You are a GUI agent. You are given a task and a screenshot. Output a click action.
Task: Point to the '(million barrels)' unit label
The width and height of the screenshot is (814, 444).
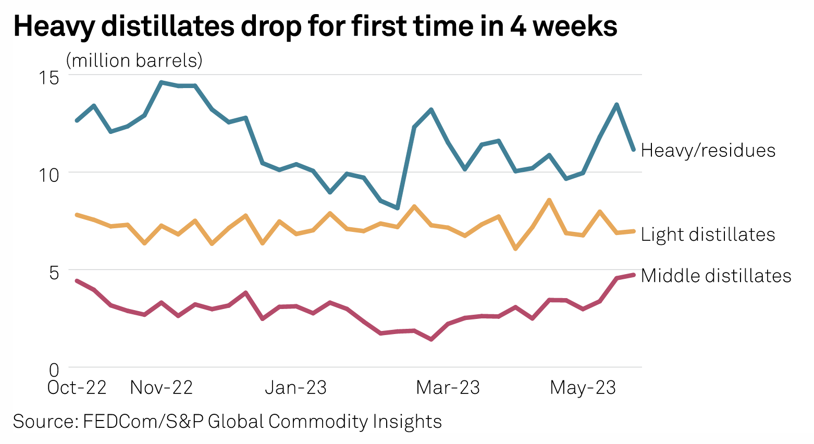pos(134,60)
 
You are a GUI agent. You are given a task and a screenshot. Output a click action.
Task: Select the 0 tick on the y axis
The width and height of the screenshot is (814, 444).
pos(54,371)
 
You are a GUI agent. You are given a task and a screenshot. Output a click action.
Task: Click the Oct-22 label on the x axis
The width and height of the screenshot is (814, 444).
pos(77,388)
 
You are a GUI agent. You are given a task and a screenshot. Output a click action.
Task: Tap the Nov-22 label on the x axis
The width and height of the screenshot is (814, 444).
pos(162,388)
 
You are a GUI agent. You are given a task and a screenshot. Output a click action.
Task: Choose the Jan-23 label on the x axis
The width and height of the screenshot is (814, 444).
pos(296,388)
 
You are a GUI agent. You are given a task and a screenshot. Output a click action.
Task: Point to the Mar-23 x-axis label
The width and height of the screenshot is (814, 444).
pos(448,388)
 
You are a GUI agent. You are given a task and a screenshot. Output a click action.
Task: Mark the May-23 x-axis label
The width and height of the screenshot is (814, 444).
pos(583,388)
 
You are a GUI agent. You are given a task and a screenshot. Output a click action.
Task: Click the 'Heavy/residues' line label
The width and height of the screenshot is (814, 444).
pos(708,151)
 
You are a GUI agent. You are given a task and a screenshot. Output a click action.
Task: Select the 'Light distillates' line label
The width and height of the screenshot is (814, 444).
pos(708,235)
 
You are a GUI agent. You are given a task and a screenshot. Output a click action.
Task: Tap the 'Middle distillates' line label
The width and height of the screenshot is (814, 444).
pos(716,276)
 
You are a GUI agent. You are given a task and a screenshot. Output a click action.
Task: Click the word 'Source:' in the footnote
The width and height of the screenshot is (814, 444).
pos(45,421)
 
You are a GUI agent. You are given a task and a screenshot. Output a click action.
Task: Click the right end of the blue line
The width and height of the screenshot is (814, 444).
pos(634,150)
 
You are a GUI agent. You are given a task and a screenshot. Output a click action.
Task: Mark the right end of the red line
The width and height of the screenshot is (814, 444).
pos(634,275)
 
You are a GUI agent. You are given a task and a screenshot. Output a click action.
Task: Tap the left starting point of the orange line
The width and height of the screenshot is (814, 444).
pos(77,215)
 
